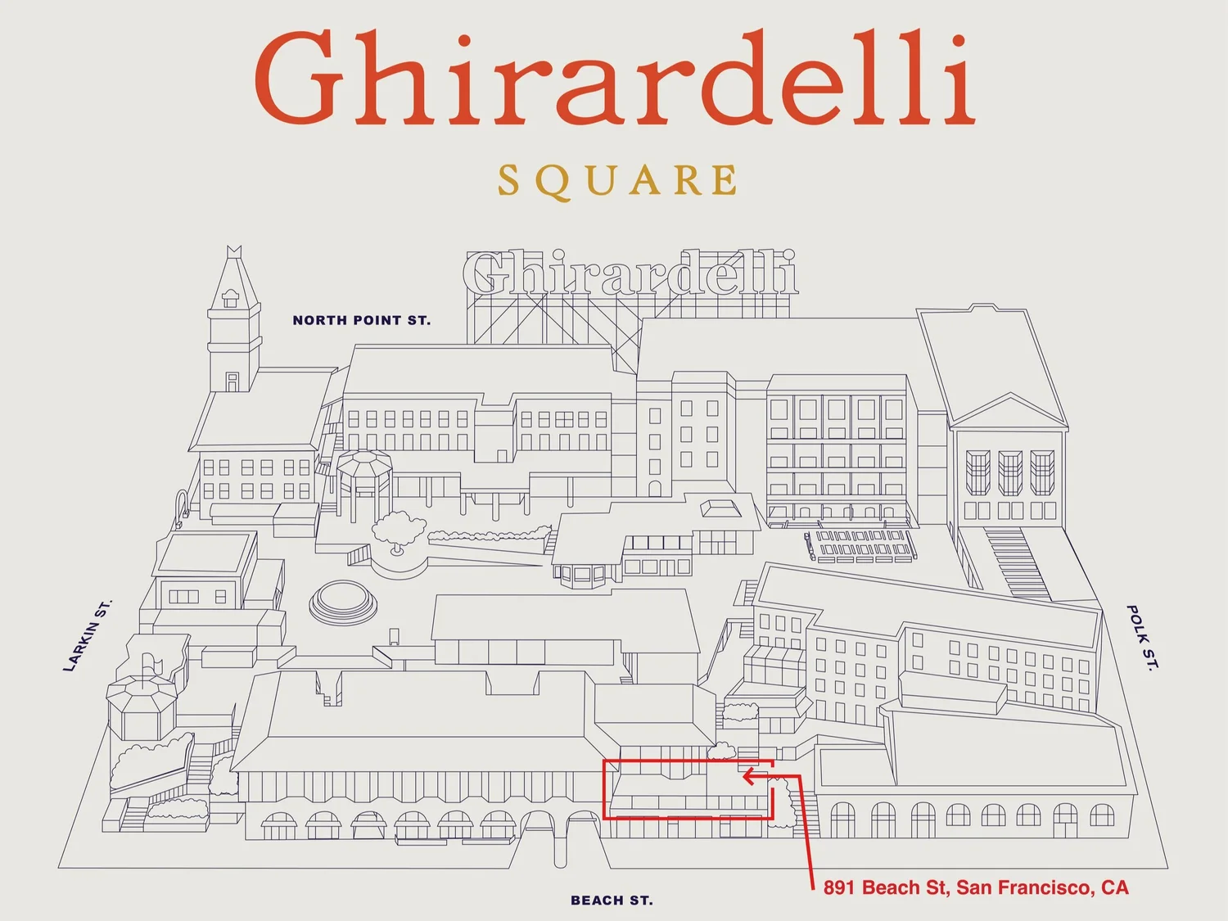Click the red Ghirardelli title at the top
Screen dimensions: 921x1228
614,79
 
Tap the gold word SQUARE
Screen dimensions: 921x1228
617,181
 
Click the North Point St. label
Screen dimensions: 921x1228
361,320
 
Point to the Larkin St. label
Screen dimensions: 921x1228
88,636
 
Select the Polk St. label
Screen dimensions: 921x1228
1143,638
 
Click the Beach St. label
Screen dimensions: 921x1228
612,901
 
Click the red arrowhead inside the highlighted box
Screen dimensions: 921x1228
748,775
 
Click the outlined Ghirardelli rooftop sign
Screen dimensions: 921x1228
630,273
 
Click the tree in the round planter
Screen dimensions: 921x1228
399,529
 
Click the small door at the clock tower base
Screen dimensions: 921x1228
233,381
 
